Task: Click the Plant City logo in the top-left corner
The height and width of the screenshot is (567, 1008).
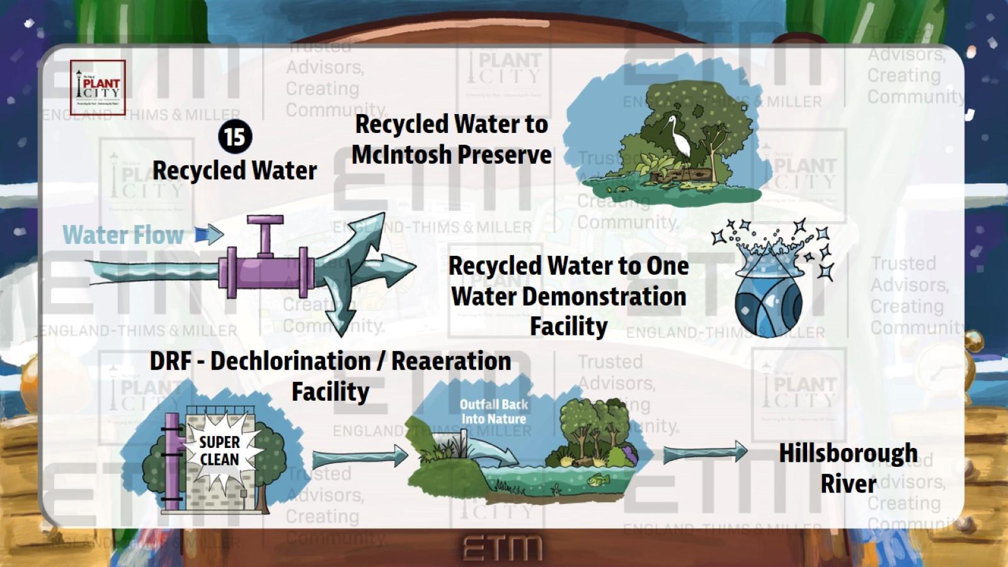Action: [x=98, y=87]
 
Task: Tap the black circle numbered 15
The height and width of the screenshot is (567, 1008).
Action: [x=235, y=137]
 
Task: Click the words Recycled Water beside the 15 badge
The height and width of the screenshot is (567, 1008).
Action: [x=234, y=170]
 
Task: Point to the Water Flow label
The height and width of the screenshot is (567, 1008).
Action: [x=123, y=235]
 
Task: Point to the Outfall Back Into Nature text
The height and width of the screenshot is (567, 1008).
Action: [x=493, y=411]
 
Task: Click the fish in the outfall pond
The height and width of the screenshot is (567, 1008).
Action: [x=594, y=481]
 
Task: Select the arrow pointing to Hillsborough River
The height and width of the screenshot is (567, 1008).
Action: [x=704, y=452]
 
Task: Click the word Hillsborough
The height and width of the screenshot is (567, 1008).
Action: [x=848, y=453]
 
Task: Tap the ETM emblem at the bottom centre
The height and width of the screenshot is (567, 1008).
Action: [x=503, y=548]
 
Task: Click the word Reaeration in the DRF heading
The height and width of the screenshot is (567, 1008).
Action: [x=451, y=361]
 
